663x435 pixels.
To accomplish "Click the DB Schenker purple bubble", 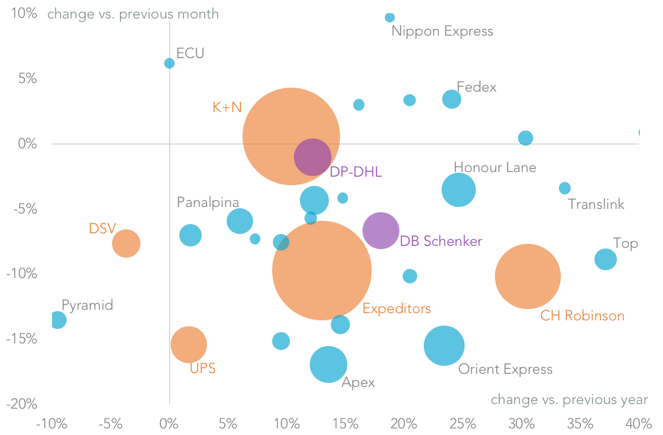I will [x=380, y=231].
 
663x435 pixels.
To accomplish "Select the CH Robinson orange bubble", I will [x=527, y=276].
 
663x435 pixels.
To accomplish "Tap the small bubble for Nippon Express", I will [x=389, y=17].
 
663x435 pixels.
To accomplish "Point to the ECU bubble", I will [x=169, y=63].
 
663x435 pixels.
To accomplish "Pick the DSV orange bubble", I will [x=126, y=243].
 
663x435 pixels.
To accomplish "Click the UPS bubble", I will [x=188, y=344].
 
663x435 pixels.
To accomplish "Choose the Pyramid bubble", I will [x=58, y=320].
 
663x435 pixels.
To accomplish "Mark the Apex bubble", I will [x=328, y=364].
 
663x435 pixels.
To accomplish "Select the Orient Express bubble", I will [x=444, y=345].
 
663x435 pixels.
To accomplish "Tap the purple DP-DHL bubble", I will [x=312, y=157].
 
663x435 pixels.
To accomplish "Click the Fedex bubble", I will [x=451, y=100].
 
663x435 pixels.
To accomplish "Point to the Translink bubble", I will [x=565, y=188].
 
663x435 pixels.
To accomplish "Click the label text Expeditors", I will [x=396, y=308].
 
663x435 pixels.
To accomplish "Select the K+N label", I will [x=227, y=107].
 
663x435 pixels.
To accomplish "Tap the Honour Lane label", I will [x=494, y=167].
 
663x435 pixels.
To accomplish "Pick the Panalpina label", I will [x=208, y=202].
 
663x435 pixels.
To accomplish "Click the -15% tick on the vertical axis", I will [x=24, y=339].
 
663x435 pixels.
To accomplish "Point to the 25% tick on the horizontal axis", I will [x=463, y=422].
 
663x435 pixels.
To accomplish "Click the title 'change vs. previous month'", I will [x=132, y=14].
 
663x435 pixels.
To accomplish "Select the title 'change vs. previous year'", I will [x=569, y=399].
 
